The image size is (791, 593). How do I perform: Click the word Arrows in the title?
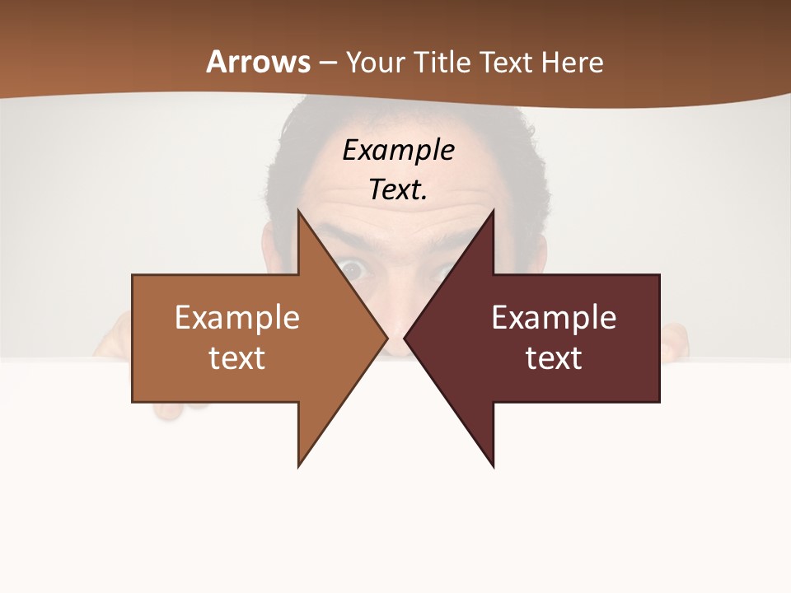pos(258,62)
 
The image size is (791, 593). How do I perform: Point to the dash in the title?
pos(327,63)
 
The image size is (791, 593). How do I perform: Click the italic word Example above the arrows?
pos(398,151)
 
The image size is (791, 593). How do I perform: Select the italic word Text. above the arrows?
pos(398,190)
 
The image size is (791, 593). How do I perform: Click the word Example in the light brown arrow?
pos(237,317)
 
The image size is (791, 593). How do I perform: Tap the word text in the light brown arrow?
pos(237,358)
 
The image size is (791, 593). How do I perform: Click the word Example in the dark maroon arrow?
pos(554,317)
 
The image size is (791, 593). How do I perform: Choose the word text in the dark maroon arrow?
pos(554,358)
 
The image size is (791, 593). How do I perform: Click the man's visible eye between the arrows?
pos(354,268)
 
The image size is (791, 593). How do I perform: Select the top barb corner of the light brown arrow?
pos(298,212)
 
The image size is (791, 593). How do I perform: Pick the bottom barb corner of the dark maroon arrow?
pos(493,465)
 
